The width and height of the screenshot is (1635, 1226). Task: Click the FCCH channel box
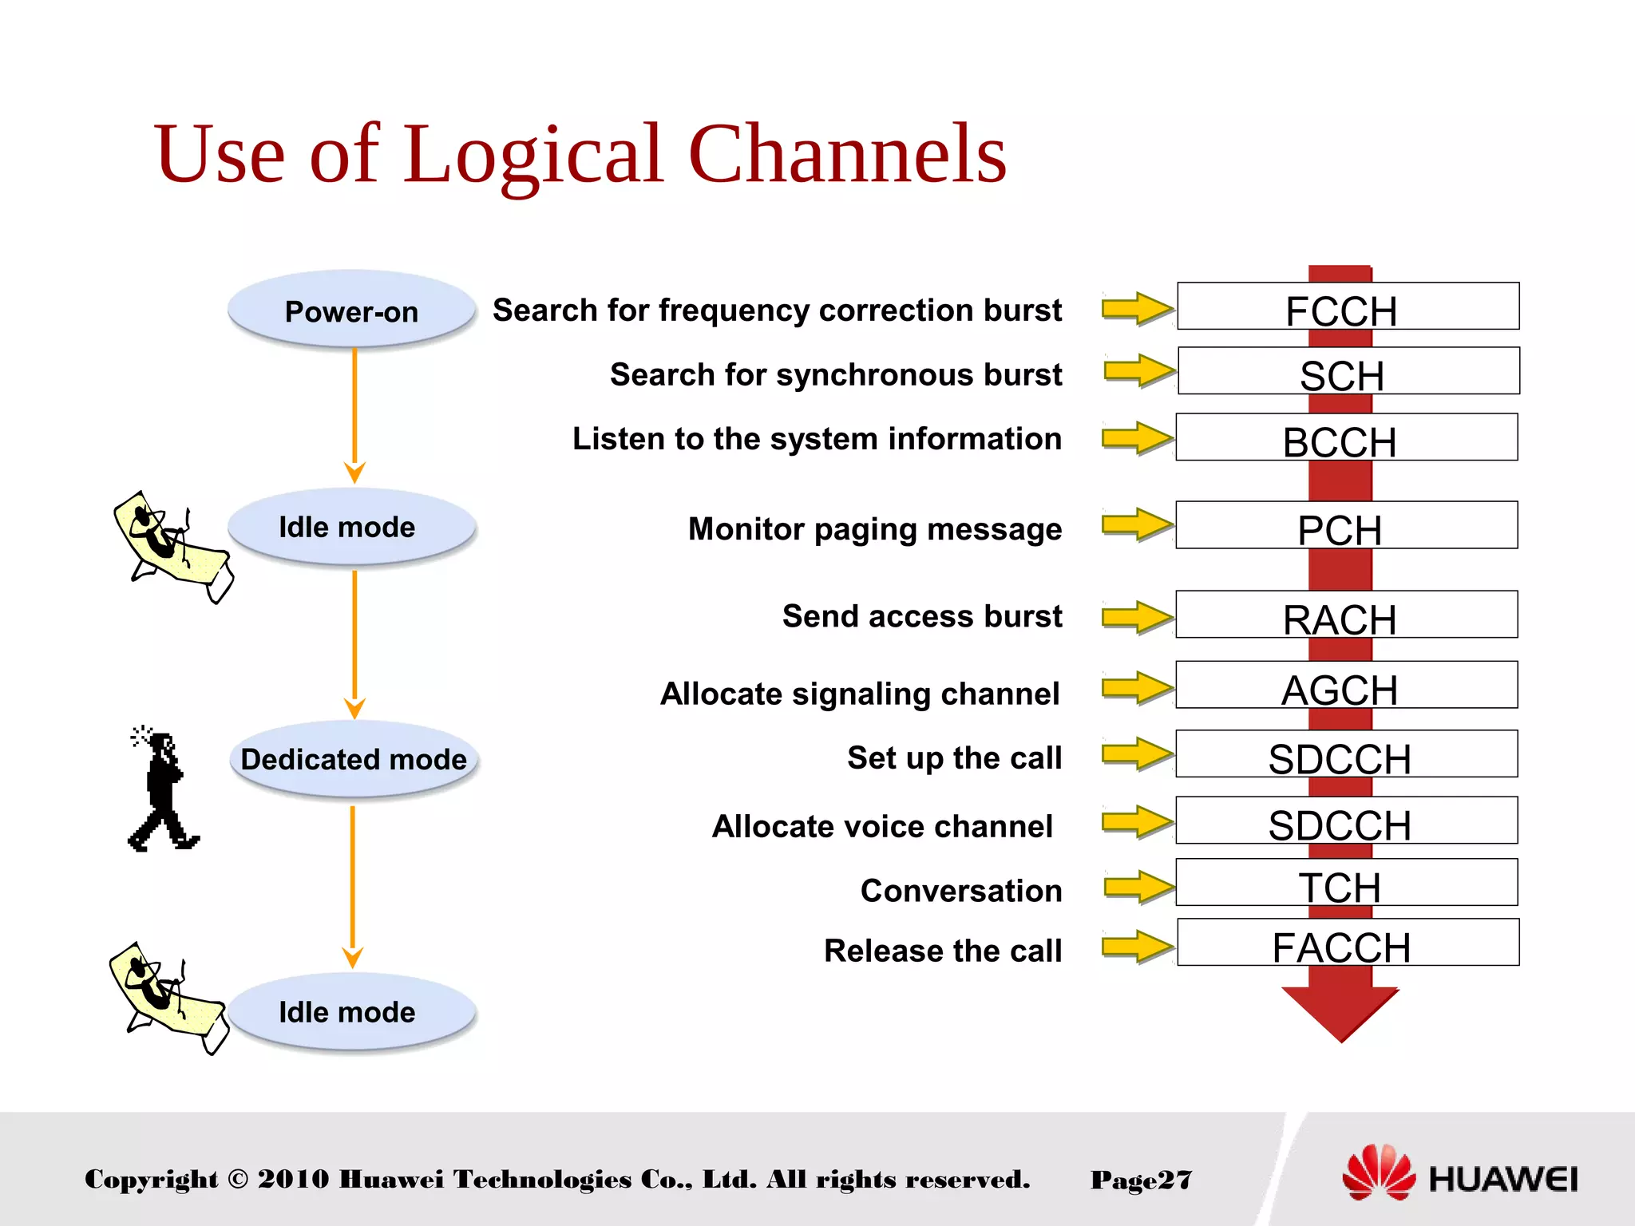(1348, 306)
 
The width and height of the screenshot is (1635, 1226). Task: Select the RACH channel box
(1346, 615)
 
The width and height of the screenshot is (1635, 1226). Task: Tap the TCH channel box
(1346, 883)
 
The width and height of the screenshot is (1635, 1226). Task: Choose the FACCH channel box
(1348, 943)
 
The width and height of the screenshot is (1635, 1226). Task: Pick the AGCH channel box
(1346, 685)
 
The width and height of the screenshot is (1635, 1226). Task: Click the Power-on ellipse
(351, 310)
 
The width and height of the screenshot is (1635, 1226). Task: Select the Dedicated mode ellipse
(353, 759)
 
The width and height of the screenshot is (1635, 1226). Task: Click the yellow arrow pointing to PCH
(1136, 525)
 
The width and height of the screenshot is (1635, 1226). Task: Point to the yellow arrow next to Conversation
(1138, 886)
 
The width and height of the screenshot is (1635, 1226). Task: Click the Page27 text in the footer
(1141, 1180)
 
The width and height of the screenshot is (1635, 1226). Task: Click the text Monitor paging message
(874, 529)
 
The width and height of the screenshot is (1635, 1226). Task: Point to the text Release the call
(942, 951)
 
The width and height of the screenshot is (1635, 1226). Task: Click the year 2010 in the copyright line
(293, 1179)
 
